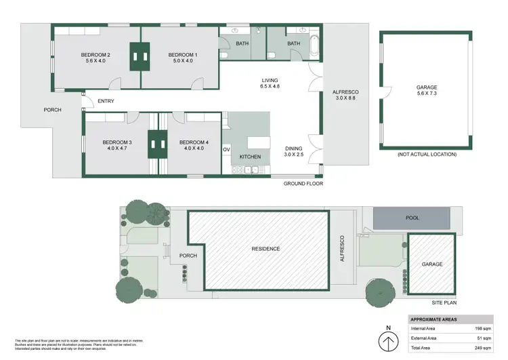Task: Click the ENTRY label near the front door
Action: (x=106, y=102)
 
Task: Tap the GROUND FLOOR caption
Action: (x=303, y=184)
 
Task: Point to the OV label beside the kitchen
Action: (x=226, y=149)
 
